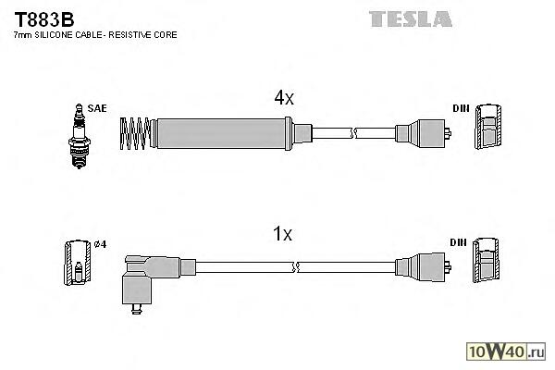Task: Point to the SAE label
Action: coord(97,108)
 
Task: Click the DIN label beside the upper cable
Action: coord(460,108)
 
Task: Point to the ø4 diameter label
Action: coord(101,244)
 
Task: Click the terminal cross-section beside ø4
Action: coord(77,263)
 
